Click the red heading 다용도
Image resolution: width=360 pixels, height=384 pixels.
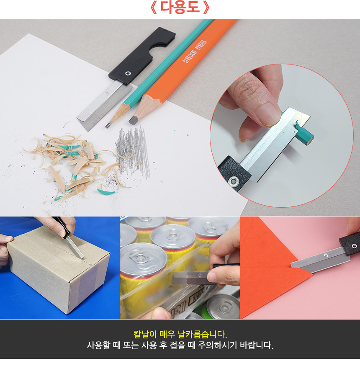(x=180, y=8)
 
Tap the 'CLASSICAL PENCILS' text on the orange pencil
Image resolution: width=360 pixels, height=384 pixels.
(x=195, y=52)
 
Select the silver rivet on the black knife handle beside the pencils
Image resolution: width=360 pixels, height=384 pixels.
(x=128, y=73)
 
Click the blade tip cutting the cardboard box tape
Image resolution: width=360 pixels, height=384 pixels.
(x=82, y=258)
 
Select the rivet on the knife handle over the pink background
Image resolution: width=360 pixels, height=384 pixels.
(x=354, y=246)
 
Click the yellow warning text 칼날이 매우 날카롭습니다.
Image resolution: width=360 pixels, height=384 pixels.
(x=180, y=334)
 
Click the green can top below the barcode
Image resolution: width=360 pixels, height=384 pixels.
(x=223, y=307)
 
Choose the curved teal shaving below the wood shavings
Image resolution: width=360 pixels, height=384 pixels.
(x=106, y=192)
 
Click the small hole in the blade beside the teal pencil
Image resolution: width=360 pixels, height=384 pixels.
(x=107, y=93)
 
